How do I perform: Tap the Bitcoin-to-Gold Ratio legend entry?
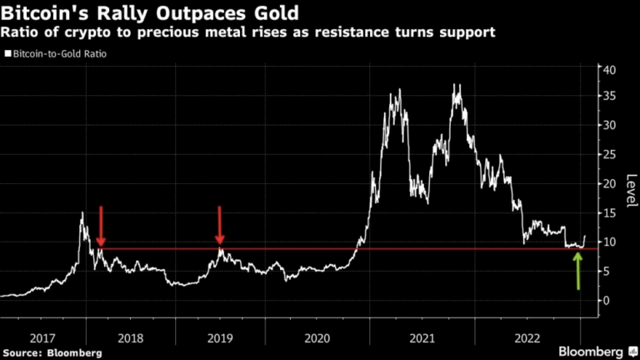click(57, 54)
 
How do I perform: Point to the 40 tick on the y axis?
click(609, 70)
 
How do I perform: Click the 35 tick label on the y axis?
click(609, 97)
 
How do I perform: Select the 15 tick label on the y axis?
click(609, 212)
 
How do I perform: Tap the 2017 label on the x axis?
click(42, 338)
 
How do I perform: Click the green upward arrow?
click(577, 271)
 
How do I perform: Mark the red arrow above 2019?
click(220, 225)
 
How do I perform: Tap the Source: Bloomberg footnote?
click(52, 352)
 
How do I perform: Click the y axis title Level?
click(631, 192)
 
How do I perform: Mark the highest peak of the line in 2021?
click(456, 84)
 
